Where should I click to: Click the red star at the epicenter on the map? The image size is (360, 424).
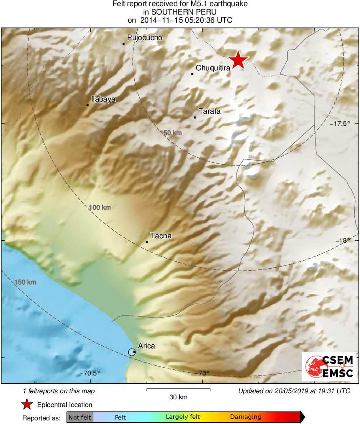click(238, 60)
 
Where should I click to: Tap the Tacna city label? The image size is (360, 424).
click(161, 235)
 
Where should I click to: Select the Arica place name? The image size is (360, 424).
click(146, 346)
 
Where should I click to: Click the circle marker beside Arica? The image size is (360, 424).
click(131, 352)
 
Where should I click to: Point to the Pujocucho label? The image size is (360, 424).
click(144, 38)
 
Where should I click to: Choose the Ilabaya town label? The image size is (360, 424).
click(104, 99)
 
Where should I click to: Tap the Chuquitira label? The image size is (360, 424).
click(213, 68)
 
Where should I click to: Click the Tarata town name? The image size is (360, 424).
click(210, 111)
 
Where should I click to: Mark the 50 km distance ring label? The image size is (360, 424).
click(173, 133)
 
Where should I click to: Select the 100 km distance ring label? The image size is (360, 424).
click(100, 208)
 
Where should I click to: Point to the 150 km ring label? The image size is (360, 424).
click(25, 282)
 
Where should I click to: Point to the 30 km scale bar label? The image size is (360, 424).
click(178, 397)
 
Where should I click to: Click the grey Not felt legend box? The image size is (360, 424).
click(80, 417)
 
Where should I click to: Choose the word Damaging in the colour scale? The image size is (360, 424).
click(246, 417)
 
